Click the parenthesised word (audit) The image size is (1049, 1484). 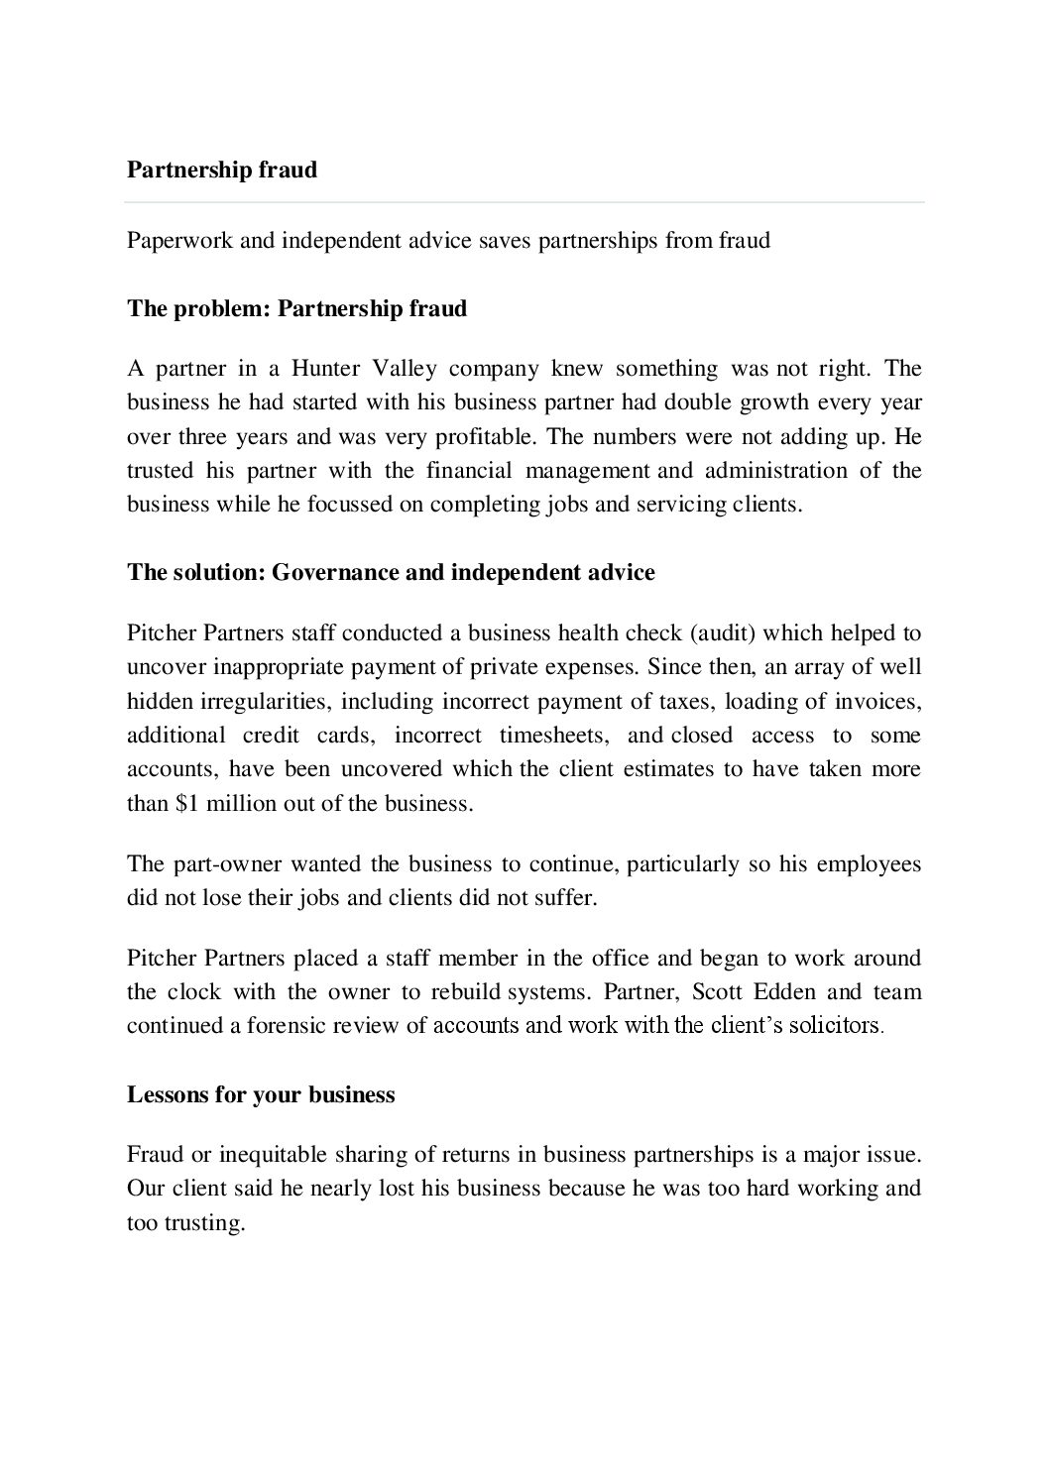(x=721, y=632)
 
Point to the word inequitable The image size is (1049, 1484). (x=274, y=1154)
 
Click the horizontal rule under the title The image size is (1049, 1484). (x=524, y=203)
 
